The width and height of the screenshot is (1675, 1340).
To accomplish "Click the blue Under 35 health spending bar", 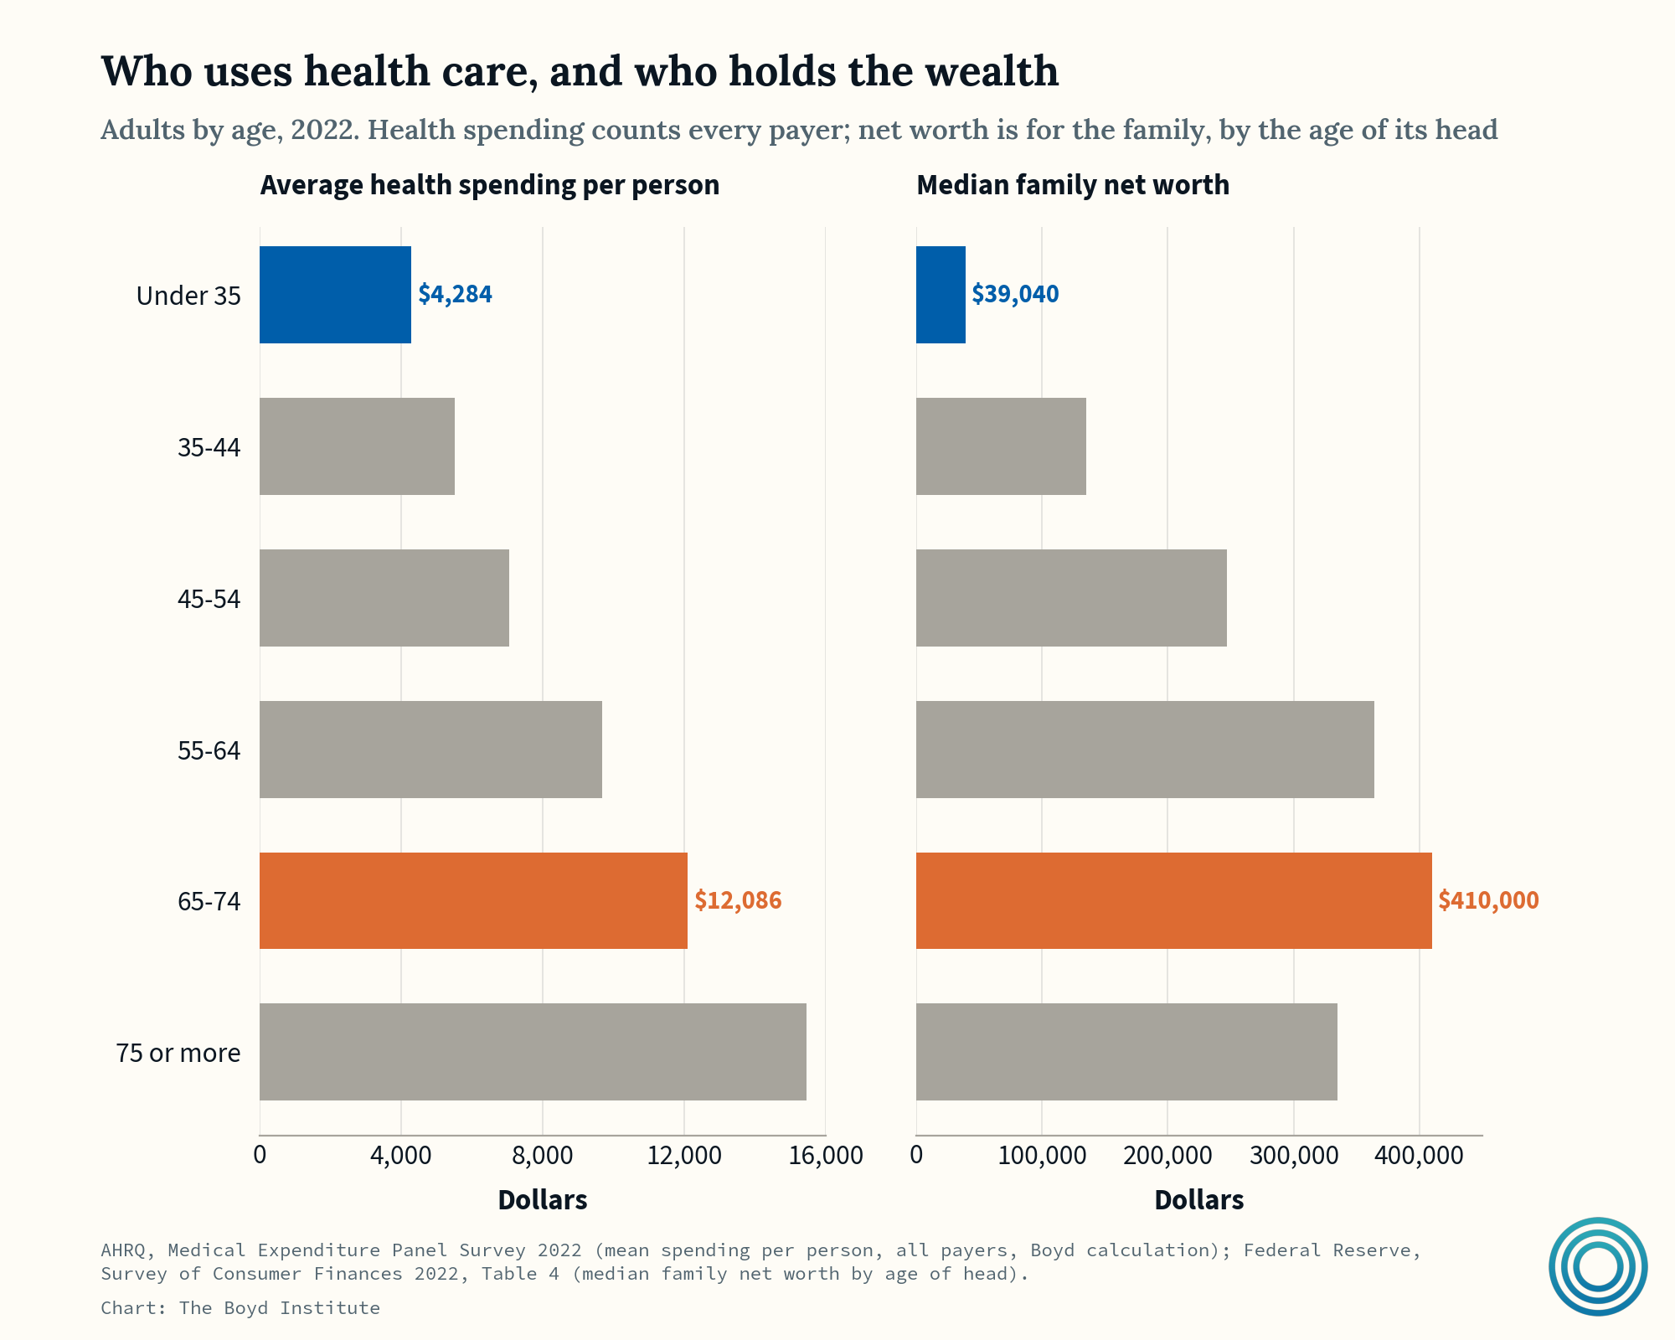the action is coord(335,295).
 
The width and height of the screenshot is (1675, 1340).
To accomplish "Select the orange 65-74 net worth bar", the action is coord(1174,900).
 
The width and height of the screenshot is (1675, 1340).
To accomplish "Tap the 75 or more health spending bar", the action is coord(533,1052).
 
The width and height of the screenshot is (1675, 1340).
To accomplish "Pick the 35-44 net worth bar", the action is coord(1001,446).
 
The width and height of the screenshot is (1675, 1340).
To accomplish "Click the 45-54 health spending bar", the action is coord(384,598).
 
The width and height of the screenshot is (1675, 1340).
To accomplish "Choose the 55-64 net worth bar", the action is coord(1145,750).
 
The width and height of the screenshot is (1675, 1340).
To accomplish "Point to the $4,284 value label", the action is coord(456,294).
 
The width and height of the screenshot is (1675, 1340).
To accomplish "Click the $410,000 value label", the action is coord(1488,900).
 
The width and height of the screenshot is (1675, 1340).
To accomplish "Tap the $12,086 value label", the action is coord(738,900).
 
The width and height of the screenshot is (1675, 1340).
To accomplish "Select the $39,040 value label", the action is coord(1015,294).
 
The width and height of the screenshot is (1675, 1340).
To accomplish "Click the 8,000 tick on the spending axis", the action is coord(542,1155).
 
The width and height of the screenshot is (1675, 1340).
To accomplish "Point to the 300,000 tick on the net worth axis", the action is coord(1294,1155).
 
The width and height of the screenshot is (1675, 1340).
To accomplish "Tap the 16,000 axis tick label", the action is coord(826,1155).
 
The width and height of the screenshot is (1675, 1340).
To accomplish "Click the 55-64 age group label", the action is coord(209,750).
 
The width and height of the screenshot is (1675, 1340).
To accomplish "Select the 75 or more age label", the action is coord(178,1053).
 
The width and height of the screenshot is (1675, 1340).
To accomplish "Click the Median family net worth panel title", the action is coord(1073,185).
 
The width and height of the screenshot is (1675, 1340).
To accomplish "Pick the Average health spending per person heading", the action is coord(490,185).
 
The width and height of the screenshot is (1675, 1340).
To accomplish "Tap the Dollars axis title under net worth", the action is coord(1199,1200).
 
